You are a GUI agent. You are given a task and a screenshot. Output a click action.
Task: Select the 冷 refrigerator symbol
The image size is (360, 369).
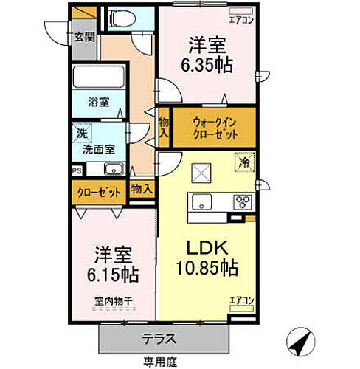point(241,159)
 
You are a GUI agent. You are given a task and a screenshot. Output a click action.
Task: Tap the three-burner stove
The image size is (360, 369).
point(242,201)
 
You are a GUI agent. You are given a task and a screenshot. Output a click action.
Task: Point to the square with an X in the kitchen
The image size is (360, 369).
point(201,173)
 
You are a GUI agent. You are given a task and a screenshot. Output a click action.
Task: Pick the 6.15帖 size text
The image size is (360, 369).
point(112,274)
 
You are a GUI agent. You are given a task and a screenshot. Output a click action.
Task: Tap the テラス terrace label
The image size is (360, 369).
point(159,339)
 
